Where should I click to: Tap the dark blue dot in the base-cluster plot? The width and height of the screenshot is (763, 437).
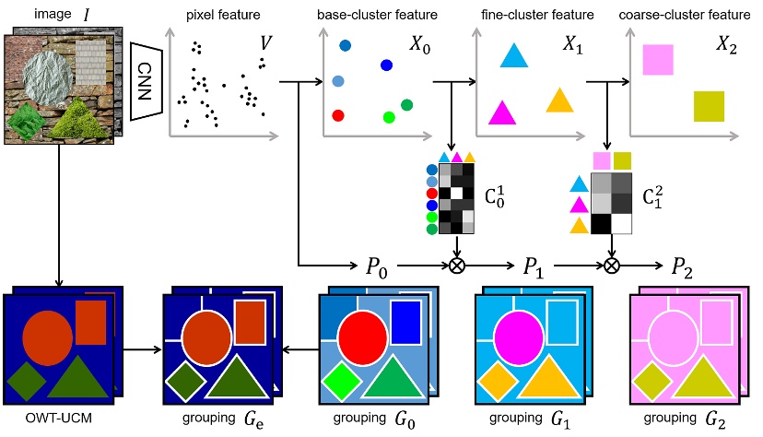(386, 65)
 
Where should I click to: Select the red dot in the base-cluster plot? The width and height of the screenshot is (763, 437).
(338, 114)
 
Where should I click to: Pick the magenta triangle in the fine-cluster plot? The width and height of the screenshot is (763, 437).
(501, 112)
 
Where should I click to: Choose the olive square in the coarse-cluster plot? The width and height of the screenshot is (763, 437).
(709, 106)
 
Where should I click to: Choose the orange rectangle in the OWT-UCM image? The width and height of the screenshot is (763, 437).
(90, 322)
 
